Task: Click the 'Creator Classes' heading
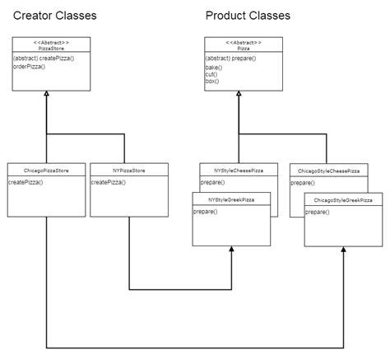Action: coord(54,16)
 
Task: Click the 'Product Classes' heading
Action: coord(248,16)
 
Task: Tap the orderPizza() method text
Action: coord(30,66)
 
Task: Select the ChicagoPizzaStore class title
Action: coord(46,170)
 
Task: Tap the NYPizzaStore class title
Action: coord(128,170)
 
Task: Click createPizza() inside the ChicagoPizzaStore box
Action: coord(26,181)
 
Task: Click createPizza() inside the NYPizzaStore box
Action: coord(108,181)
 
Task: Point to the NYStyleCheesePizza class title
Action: coord(239,170)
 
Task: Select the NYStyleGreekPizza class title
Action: coord(231,199)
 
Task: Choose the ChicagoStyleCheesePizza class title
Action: coord(329,171)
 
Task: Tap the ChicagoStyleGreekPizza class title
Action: coord(343,200)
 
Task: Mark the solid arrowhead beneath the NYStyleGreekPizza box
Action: coord(231,250)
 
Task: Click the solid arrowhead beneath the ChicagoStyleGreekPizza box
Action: coord(343,250)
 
